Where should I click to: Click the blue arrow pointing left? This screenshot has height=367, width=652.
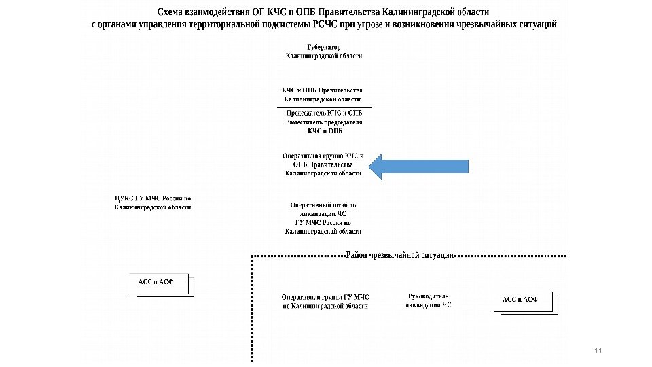pyautogui.click(x=418, y=166)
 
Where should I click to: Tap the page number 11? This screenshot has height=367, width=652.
pyautogui.click(x=598, y=351)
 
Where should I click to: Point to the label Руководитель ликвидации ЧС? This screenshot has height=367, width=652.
pyautogui.click(x=428, y=301)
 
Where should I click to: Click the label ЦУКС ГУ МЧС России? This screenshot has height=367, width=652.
pyautogui.click(x=153, y=198)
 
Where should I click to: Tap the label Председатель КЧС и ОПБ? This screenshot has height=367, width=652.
pyautogui.click(x=323, y=113)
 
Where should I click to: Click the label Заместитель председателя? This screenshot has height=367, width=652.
pyautogui.click(x=323, y=122)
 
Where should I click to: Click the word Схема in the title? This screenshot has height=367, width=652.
pyautogui.click(x=173, y=13)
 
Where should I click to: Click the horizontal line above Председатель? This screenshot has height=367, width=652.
pyautogui.click(x=323, y=107)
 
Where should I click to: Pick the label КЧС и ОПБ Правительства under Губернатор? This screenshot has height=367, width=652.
pyautogui.click(x=323, y=90)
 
